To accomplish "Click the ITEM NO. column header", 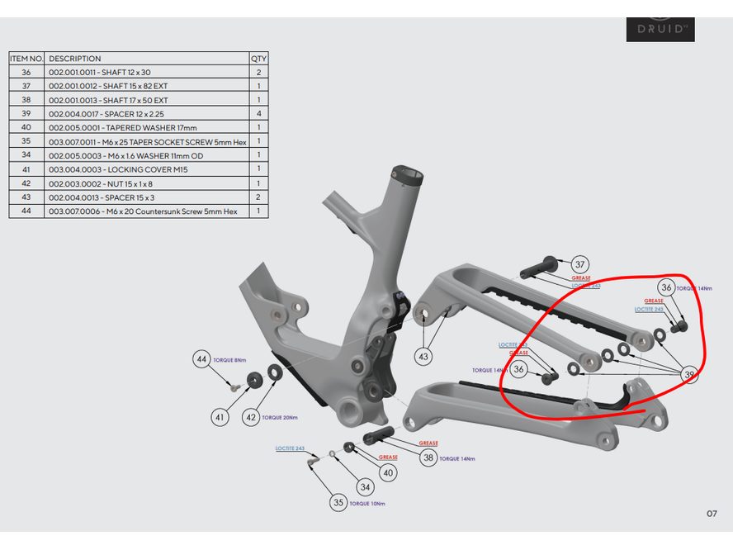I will [x=27, y=59].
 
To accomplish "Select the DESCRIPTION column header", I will [x=75, y=59].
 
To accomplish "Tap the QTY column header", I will [x=258, y=59].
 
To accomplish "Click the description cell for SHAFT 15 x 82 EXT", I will [x=108, y=86].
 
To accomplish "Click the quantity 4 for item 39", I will [x=258, y=114].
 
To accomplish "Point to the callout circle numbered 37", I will [x=580, y=264].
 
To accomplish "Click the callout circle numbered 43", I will [x=423, y=357].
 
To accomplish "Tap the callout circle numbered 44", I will [x=202, y=359].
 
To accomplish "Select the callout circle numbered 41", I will [x=220, y=418].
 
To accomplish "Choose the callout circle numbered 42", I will [x=250, y=418].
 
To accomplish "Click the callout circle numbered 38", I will [x=428, y=457].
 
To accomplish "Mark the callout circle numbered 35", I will [x=338, y=502].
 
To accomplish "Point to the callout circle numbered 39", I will [x=690, y=374].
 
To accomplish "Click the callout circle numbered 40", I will [x=388, y=472].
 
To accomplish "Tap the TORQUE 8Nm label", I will [x=230, y=360].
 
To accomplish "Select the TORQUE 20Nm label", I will [x=279, y=418].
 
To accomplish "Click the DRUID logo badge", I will [x=660, y=29].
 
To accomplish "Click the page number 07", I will [x=712, y=514].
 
